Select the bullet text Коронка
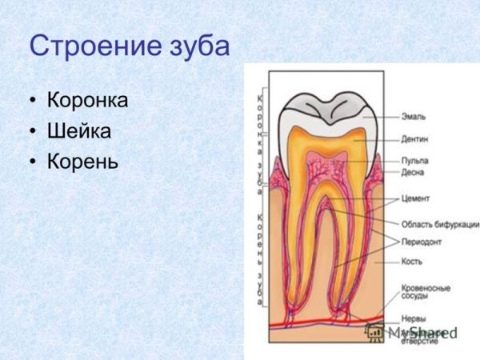click(x=88, y=102)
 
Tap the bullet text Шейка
click(x=78, y=131)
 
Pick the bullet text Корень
click(x=83, y=161)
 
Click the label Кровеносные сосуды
click(x=425, y=292)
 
